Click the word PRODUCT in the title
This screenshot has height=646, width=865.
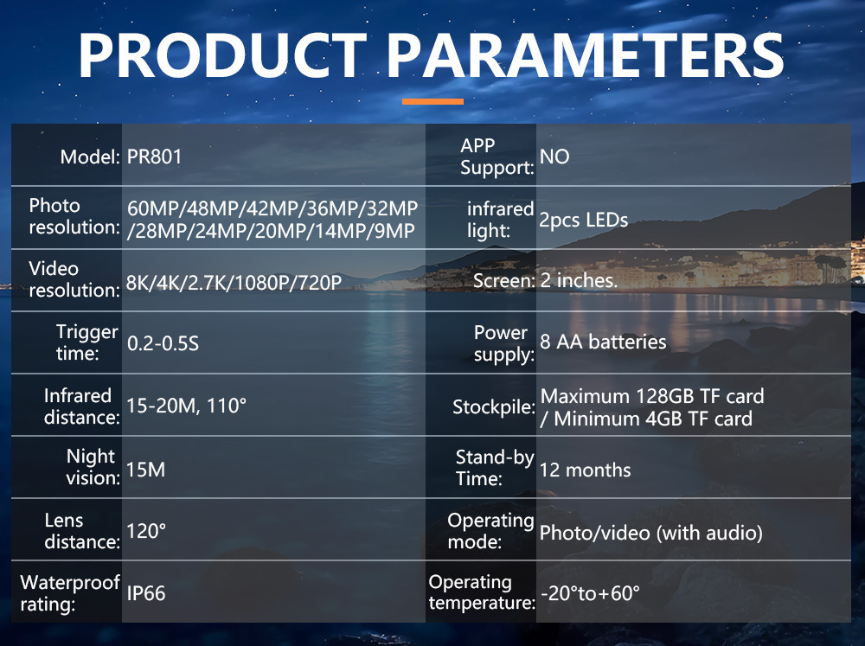pyautogui.click(x=223, y=55)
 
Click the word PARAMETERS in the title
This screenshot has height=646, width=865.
pyautogui.click(x=586, y=55)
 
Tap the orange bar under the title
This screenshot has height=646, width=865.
pyautogui.click(x=432, y=101)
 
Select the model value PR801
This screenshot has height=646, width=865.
pyautogui.click(x=155, y=157)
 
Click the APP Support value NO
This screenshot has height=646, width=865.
pyautogui.click(x=554, y=157)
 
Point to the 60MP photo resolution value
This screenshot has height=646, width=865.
pyautogui.click(x=156, y=208)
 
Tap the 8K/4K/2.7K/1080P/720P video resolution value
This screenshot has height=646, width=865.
pyautogui.click(x=234, y=283)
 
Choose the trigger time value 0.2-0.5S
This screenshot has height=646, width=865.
pyautogui.click(x=163, y=343)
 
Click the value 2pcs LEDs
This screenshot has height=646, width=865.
pyautogui.click(x=584, y=221)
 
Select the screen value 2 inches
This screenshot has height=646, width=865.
pyautogui.click(x=578, y=280)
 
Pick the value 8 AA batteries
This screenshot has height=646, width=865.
pyautogui.click(x=603, y=342)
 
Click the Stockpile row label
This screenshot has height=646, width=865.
pyautogui.click(x=494, y=406)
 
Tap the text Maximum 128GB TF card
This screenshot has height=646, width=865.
pyautogui.click(x=652, y=396)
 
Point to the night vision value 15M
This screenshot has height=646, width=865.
pyautogui.click(x=145, y=470)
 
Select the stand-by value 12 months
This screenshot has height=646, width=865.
pyautogui.click(x=585, y=470)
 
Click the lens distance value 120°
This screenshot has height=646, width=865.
pyautogui.click(x=146, y=531)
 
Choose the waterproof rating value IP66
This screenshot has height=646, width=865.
pyautogui.click(x=146, y=593)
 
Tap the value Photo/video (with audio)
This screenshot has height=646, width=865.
pyautogui.click(x=651, y=533)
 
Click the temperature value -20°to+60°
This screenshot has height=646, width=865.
pyautogui.click(x=590, y=593)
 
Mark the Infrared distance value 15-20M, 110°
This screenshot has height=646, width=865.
pyautogui.click(x=186, y=406)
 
